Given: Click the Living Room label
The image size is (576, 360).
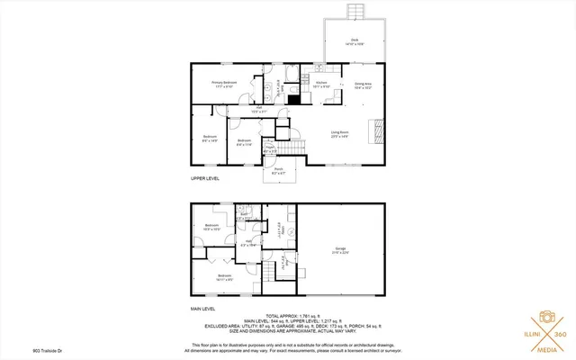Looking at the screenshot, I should [340, 133].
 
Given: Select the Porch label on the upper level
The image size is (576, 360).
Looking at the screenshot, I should [278, 170].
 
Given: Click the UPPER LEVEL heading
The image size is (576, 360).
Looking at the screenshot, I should [204, 179].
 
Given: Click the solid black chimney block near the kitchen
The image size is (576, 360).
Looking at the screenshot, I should [293, 100].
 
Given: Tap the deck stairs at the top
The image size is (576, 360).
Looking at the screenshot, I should [355, 11].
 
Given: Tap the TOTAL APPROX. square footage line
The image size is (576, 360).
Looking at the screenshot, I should [287, 317].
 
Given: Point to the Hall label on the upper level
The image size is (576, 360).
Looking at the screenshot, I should [258, 109].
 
